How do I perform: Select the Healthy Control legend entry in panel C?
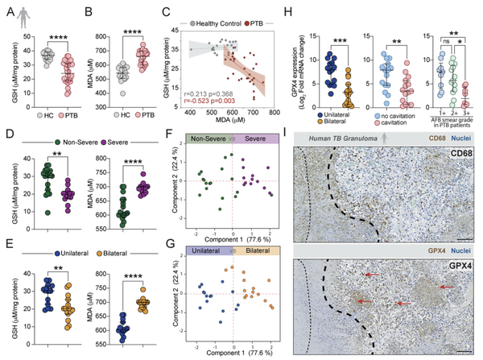pyautogui.click(x=217, y=13)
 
